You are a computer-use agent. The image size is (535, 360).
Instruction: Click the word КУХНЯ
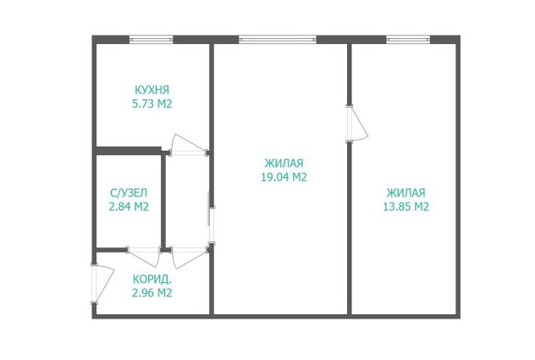click(152, 90)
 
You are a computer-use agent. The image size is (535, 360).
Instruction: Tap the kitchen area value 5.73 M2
click(152, 103)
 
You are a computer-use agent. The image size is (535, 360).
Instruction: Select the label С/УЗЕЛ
click(129, 193)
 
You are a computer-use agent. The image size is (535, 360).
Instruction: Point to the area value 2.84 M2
click(129, 207)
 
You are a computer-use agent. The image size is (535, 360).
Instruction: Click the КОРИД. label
click(152, 280)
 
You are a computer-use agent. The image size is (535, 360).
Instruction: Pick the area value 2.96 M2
click(152, 293)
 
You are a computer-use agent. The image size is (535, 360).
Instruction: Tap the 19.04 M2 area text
click(284, 177)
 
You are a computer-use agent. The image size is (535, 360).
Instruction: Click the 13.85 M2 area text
click(406, 207)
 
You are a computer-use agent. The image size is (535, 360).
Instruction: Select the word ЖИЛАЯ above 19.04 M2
click(284, 163)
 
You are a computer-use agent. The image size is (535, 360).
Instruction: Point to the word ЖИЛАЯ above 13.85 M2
click(406, 193)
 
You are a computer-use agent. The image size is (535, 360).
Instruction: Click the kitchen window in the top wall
click(152, 40)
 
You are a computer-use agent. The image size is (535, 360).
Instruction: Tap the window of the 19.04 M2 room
click(278, 40)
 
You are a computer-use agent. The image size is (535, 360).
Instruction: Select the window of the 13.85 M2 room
click(408, 40)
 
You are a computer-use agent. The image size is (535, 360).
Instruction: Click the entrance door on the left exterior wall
click(102, 283)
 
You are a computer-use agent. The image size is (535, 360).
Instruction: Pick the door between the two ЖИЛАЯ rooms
click(356, 124)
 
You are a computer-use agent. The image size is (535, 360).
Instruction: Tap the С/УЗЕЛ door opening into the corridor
click(144, 257)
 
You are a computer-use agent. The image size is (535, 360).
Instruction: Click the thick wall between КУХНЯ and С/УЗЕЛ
click(129, 151)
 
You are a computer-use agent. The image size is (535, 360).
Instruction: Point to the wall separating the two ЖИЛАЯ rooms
click(350, 178)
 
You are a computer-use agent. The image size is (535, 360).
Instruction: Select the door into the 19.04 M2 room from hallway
click(211, 225)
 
